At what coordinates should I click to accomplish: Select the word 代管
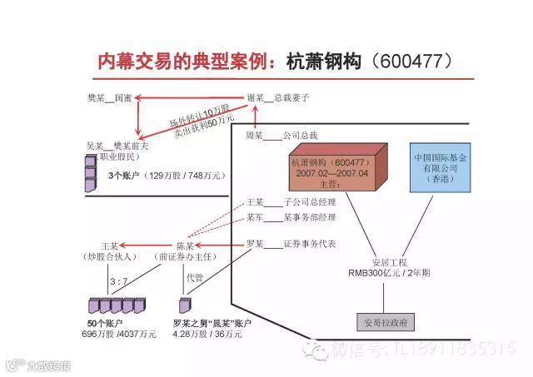(x=196, y=278)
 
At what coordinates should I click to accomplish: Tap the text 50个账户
(x=105, y=323)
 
